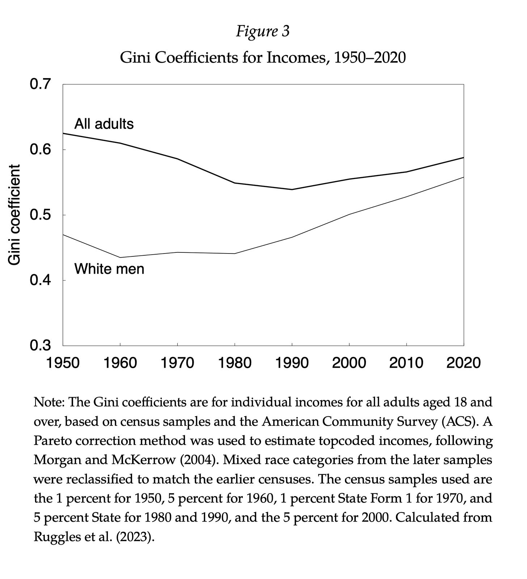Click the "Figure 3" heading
pyautogui.click(x=263, y=31)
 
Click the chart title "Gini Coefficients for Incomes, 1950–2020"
pyautogui.click(x=263, y=57)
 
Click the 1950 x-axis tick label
pyautogui.click(x=63, y=362)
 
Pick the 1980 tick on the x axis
pyautogui.click(x=235, y=362)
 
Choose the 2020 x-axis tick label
pyautogui.click(x=464, y=362)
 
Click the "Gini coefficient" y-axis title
pyautogui.click(x=14, y=215)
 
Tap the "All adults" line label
pyautogui.click(x=104, y=124)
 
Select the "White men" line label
pyautogui.click(x=109, y=269)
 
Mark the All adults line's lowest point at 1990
pyautogui.click(x=292, y=190)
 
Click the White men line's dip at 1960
pyautogui.click(x=120, y=257)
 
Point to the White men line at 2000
pyautogui.click(x=349, y=214)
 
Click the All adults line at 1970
pyautogui.click(x=177, y=159)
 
